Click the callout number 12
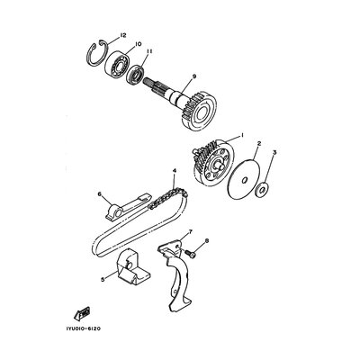(x=123, y=35)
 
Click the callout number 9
(x=193, y=76)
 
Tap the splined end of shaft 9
(x=154, y=85)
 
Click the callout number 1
(x=242, y=135)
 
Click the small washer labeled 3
(x=261, y=190)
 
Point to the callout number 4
(x=175, y=171)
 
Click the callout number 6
(x=100, y=193)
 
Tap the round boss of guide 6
(x=115, y=212)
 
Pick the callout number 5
(x=103, y=280)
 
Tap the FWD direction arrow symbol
(x=83, y=313)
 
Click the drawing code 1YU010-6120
(x=84, y=328)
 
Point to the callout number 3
(x=274, y=153)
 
